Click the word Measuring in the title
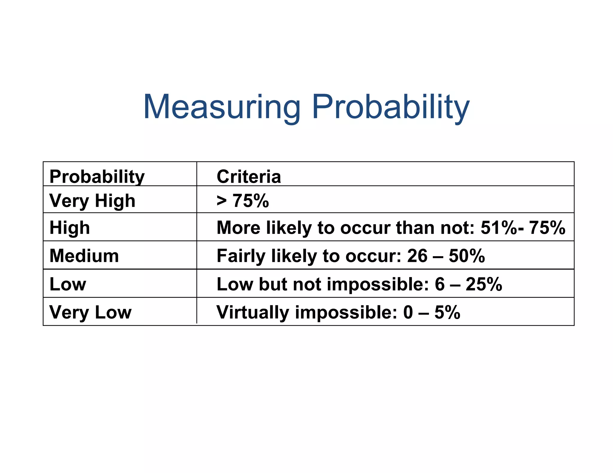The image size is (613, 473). [222, 107]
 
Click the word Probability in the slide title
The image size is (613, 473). [391, 107]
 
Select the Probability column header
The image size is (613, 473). [97, 176]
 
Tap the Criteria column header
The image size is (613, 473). [249, 176]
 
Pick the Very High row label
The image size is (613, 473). [92, 201]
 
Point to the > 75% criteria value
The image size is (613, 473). [243, 201]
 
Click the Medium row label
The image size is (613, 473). [84, 256]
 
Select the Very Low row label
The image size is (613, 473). [90, 312]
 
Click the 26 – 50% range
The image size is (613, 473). [446, 256]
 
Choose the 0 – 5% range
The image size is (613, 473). [431, 312]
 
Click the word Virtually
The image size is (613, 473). [253, 312]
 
